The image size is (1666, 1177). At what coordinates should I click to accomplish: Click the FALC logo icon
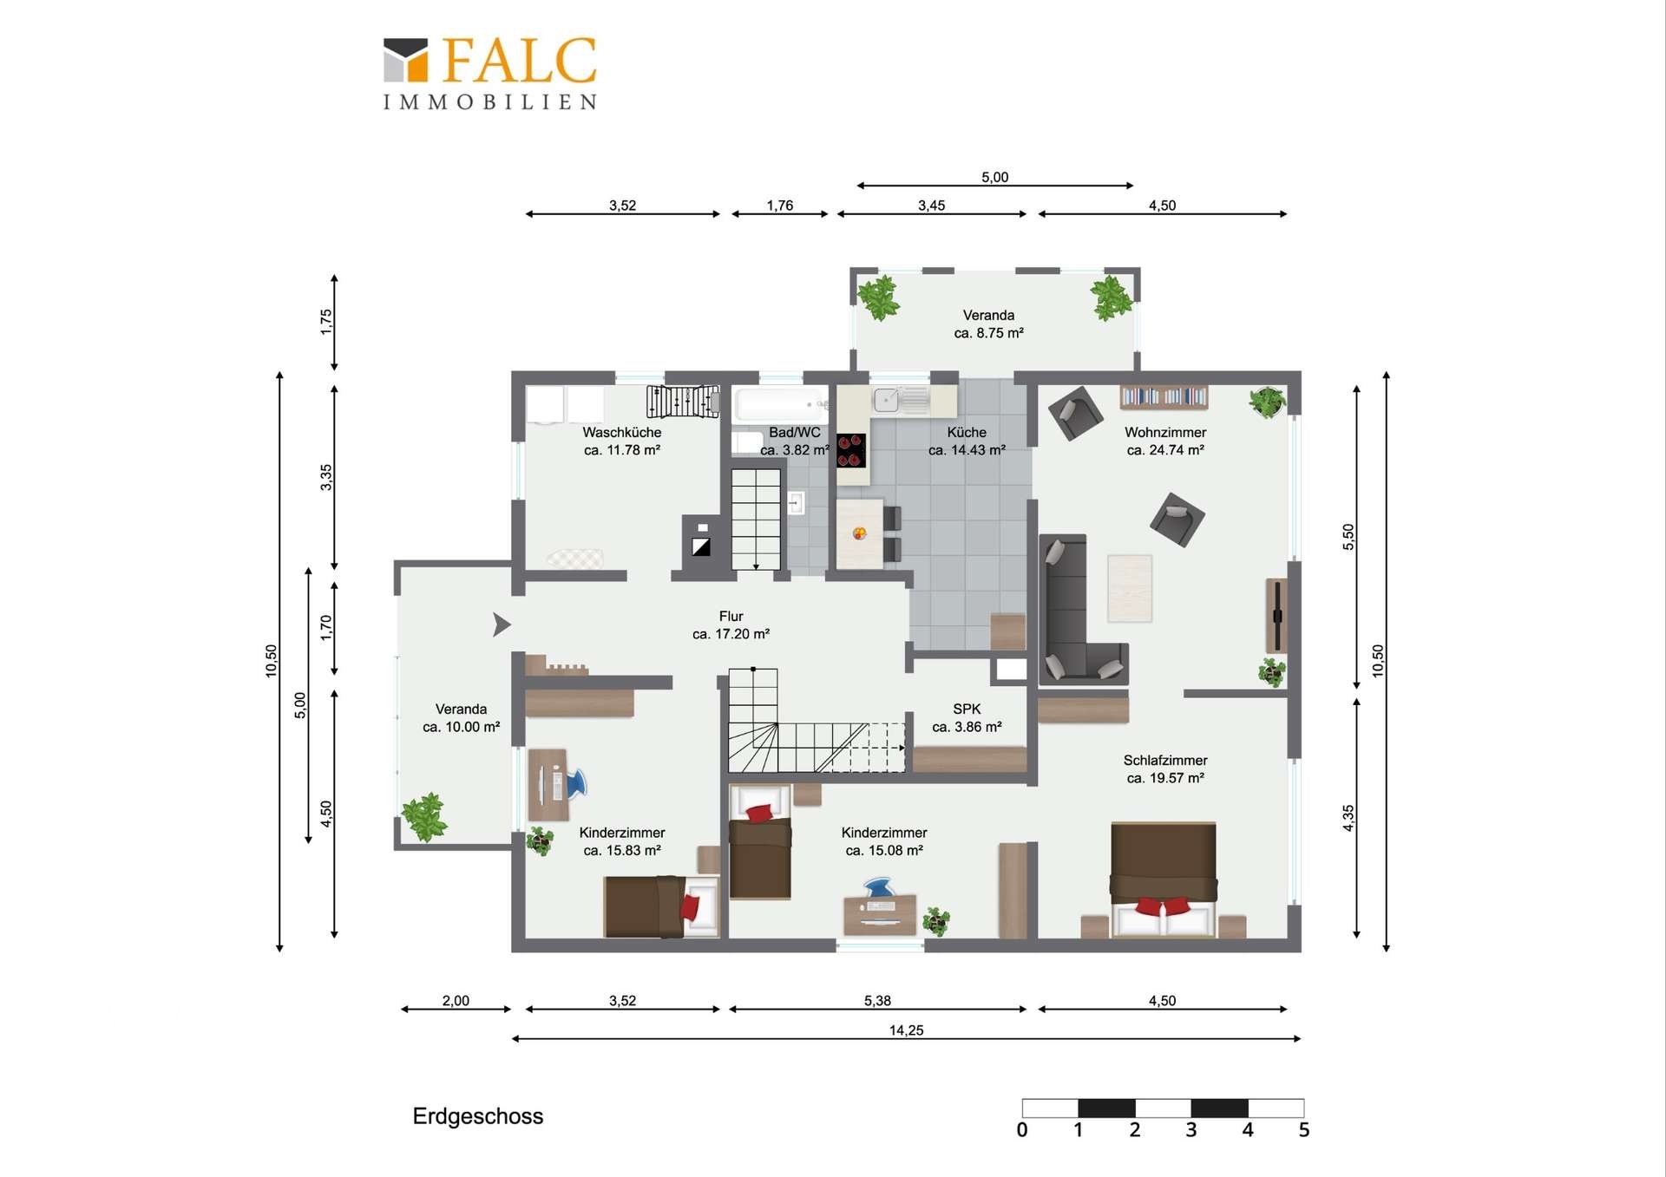click(405, 60)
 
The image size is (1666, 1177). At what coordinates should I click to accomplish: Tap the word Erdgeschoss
click(477, 1116)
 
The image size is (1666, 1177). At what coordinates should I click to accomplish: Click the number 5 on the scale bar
click(1303, 1130)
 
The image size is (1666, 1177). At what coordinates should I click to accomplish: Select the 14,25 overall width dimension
click(906, 1030)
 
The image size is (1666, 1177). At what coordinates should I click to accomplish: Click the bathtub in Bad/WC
click(779, 405)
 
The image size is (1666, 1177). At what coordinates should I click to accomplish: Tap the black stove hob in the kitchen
click(850, 450)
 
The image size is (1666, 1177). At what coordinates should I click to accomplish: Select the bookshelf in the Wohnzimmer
click(1164, 397)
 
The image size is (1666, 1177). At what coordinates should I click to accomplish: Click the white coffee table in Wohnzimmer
click(1130, 588)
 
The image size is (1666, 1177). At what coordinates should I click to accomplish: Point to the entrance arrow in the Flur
click(502, 624)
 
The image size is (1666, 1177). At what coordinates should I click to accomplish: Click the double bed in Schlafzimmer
click(1164, 879)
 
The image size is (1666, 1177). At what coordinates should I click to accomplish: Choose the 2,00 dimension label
click(456, 1001)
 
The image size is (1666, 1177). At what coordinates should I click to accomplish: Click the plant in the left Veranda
click(424, 816)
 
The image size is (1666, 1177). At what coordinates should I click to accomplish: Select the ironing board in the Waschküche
click(574, 558)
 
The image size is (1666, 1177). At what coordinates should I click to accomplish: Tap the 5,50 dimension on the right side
click(1348, 537)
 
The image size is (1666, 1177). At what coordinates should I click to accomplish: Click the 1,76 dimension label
click(779, 206)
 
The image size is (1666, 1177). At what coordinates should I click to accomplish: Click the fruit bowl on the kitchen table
click(859, 533)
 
